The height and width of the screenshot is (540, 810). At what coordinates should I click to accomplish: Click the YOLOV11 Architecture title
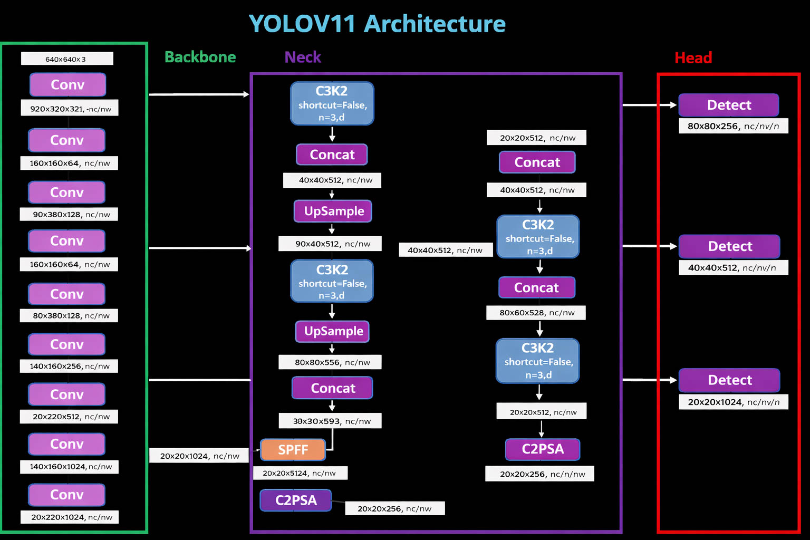(x=377, y=24)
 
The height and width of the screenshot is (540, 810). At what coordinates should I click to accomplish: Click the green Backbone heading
(x=200, y=57)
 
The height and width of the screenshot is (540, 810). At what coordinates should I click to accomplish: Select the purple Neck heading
(x=303, y=57)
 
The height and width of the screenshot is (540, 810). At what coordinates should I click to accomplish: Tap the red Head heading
(x=693, y=57)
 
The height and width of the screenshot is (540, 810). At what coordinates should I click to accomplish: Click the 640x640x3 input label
(x=66, y=59)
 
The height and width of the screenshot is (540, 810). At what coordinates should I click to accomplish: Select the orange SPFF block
(x=293, y=450)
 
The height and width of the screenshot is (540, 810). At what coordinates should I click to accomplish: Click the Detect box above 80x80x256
(x=728, y=105)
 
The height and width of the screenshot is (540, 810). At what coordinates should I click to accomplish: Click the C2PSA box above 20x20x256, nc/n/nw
(x=543, y=449)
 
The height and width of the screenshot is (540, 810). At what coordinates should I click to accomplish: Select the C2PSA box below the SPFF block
(x=296, y=500)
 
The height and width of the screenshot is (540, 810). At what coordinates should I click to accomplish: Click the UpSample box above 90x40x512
(x=333, y=211)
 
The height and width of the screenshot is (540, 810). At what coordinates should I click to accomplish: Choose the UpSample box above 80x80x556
(x=333, y=331)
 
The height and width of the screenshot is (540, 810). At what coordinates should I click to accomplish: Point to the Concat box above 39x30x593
(x=333, y=388)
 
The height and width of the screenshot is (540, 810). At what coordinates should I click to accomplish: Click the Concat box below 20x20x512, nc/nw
(x=537, y=162)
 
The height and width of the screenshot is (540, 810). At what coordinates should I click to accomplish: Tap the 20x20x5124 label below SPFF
(x=300, y=473)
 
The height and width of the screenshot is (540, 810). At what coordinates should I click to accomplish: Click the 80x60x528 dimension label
(x=536, y=313)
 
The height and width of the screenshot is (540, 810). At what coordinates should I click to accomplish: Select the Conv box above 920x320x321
(x=67, y=85)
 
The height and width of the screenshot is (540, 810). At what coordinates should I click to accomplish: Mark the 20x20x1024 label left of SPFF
(x=199, y=456)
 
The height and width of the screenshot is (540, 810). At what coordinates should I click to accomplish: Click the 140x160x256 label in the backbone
(x=69, y=366)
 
